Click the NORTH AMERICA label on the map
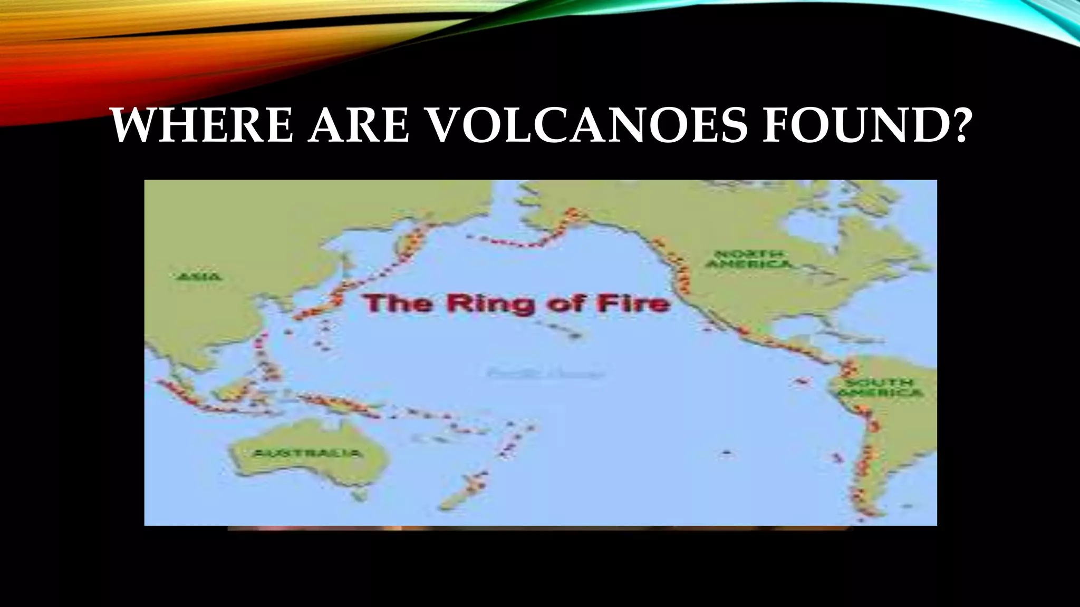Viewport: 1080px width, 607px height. [x=749, y=259]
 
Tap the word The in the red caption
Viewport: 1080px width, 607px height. [x=392, y=304]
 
